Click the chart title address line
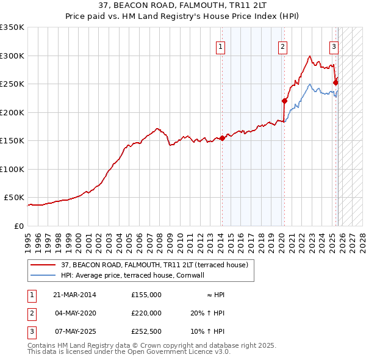pos(183,5)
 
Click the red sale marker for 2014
pos(222,138)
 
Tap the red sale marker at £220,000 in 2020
pos(284,101)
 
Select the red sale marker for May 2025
pos(335,83)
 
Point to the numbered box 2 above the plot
pos(283,46)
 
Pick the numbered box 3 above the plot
pos(334,46)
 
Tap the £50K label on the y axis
pos(13,198)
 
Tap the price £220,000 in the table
pos(146,313)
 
